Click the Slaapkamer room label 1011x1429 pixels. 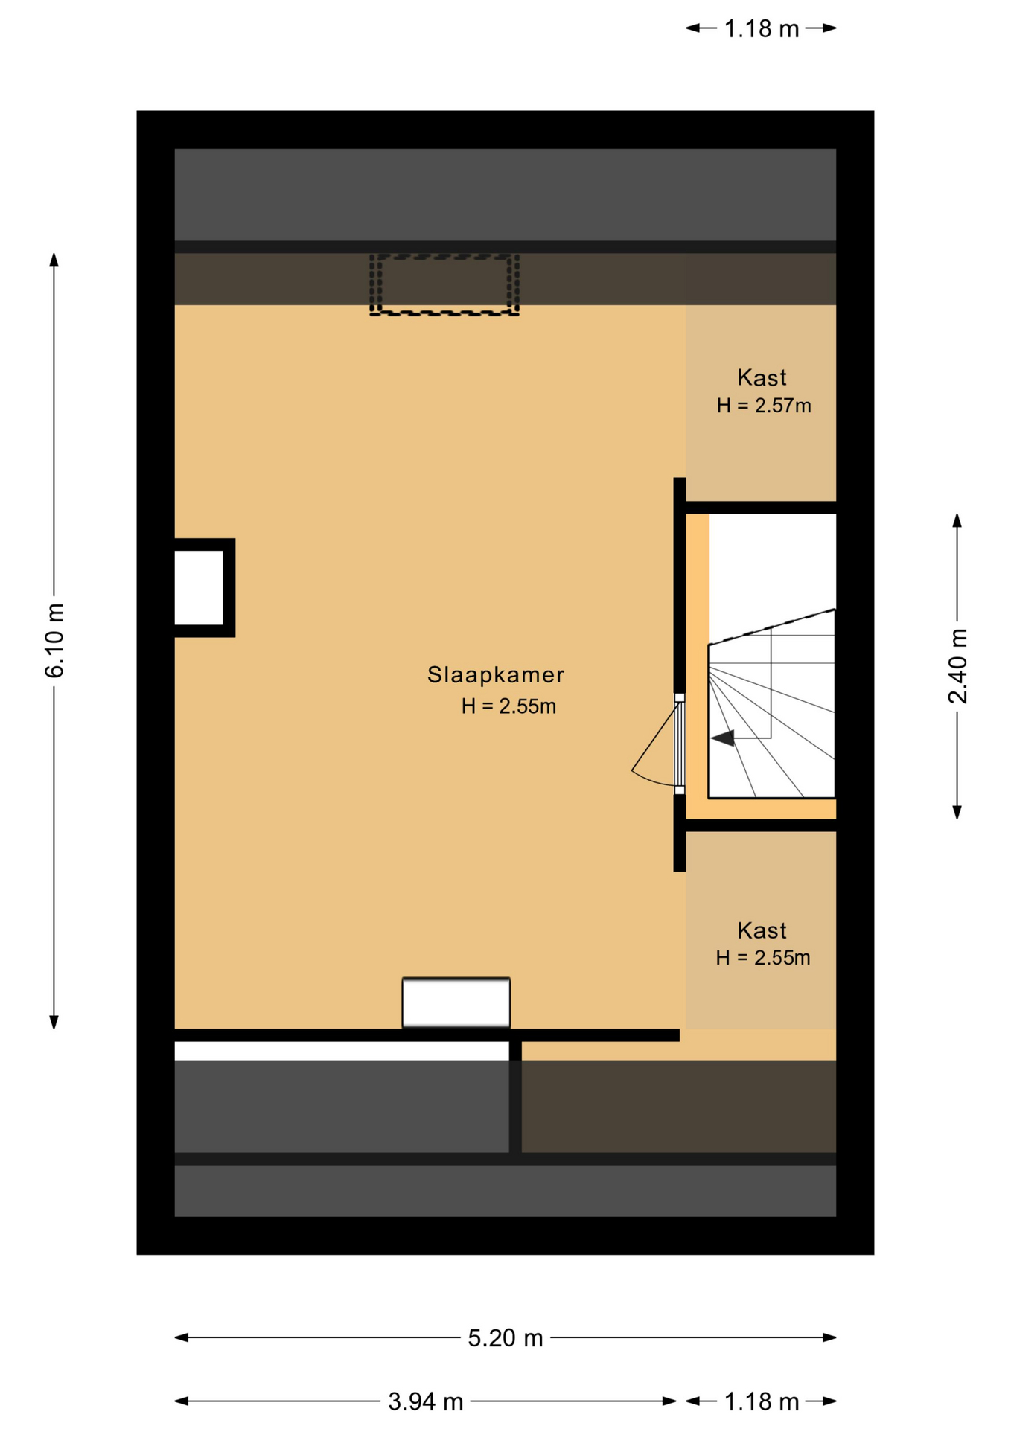click(x=496, y=674)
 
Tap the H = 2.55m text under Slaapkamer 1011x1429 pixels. click(x=508, y=706)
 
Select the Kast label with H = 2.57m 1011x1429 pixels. click(x=762, y=377)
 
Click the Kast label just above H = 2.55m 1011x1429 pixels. click(x=762, y=930)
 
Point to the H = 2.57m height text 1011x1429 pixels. click(x=764, y=406)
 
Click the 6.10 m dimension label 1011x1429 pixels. click(x=55, y=641)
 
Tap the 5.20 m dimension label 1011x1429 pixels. click(x=505, y=1338)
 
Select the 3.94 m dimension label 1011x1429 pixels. click(x=426, y=1402)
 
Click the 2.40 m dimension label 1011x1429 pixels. click(x=958, y=666)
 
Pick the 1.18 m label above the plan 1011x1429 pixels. click(x=762, y=29)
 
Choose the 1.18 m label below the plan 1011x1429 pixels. click(x=762, y=1402)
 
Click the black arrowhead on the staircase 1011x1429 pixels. click(x=723, y=738)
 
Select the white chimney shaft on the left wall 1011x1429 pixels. click(x=199, y=588)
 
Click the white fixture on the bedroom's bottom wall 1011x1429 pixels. click(x=456, y=1003)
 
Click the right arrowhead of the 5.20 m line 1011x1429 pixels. click(x=829, y=1337)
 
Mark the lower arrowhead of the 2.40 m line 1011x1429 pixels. click(x=957, y=813)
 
